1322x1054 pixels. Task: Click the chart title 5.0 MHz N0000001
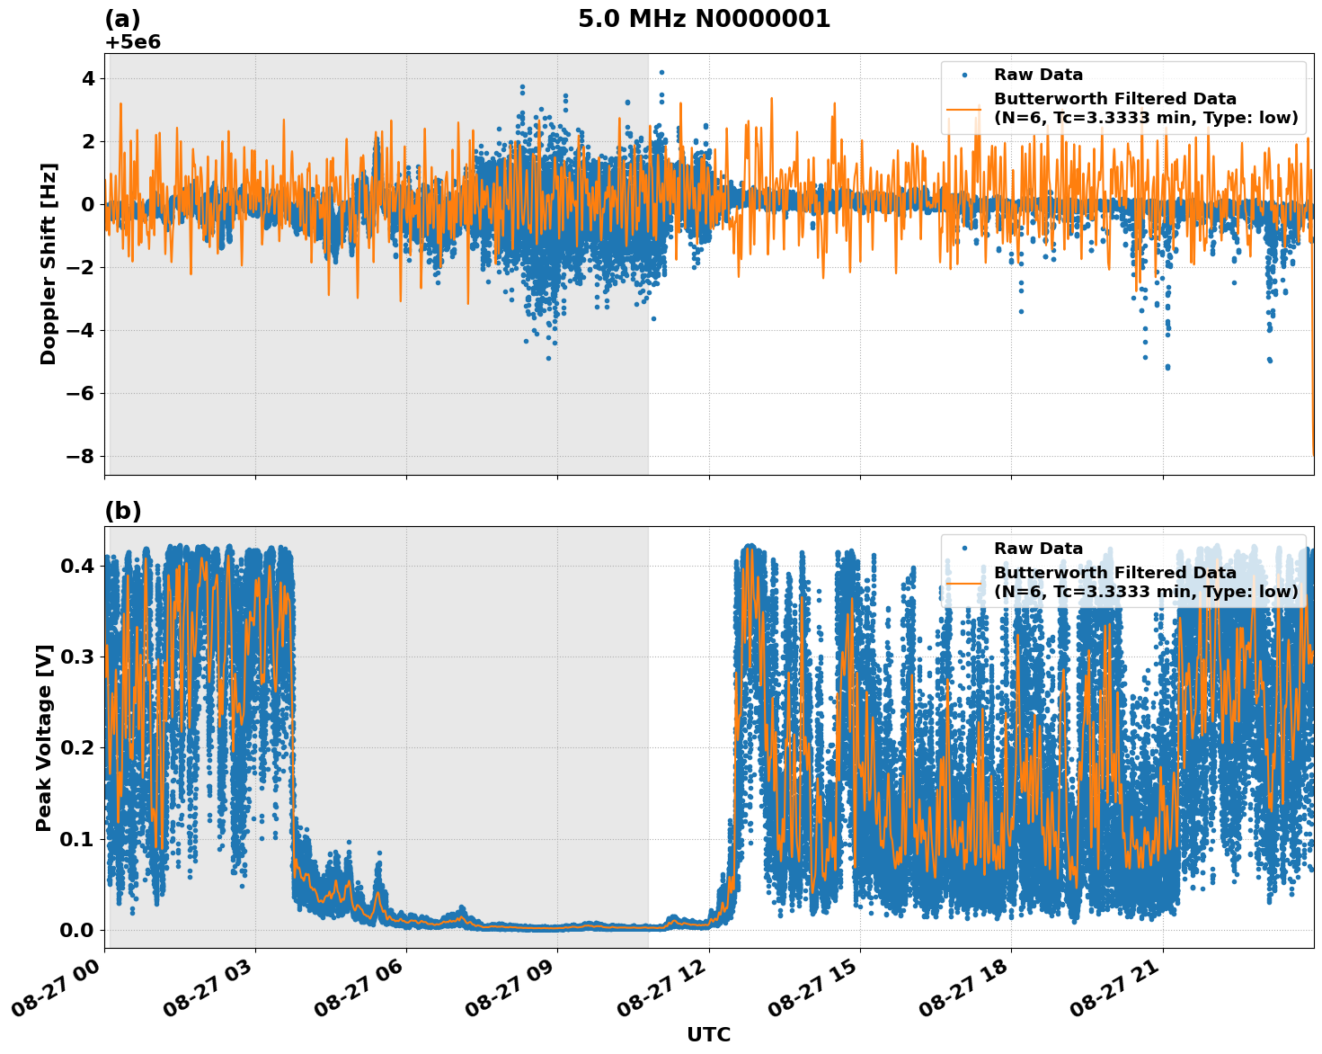[x=704, y=19]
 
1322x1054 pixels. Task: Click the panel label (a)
[x=122, y=19]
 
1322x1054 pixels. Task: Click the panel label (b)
[x=123, y=511]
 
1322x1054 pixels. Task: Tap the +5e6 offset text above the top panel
[x=133, y=42]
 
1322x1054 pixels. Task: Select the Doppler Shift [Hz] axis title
[x=49, y=263]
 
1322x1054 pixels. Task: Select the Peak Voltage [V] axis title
[x=44, y=737]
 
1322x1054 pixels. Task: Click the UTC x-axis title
[x=708, y=1034]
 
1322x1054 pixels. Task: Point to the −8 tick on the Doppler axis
[x=80, y=456]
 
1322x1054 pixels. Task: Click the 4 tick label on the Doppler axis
[x=87, y=78]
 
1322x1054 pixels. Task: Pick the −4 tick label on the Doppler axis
[x=80, y=330]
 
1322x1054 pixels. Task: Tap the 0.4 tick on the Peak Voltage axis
[x=77, y=566]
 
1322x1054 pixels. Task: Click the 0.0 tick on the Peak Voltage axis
[x=77, y=929]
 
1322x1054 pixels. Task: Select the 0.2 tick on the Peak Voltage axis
[x=77, y=747]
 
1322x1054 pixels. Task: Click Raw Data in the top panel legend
[x=1038, y=75]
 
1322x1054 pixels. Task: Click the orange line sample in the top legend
[x=963, y=109]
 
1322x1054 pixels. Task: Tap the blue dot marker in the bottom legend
[x=963, y=548]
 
